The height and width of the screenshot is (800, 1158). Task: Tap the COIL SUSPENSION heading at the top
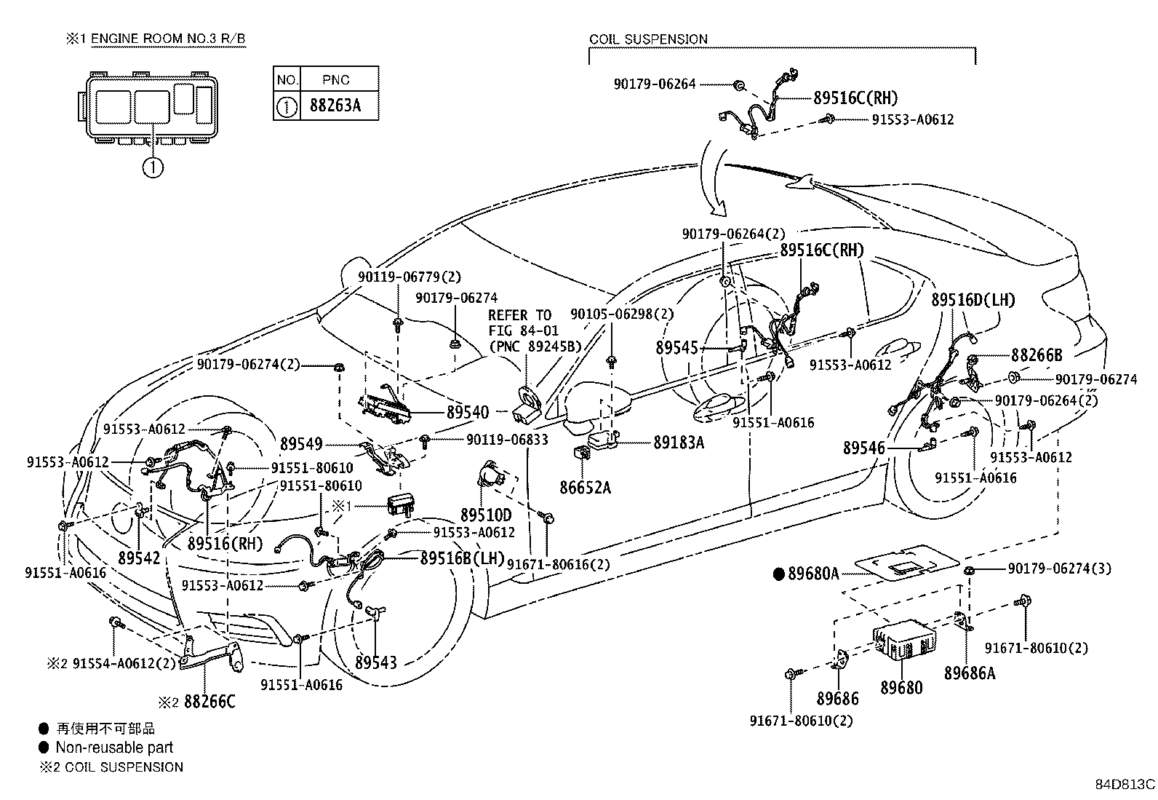[648, 39]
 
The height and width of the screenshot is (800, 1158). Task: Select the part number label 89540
[467, 413]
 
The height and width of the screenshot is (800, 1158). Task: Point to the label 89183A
[678, 443]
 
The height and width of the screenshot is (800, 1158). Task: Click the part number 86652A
[585, 488]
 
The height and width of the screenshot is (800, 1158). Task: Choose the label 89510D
[485, 515]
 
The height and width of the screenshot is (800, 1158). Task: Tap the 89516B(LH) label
[462, 558]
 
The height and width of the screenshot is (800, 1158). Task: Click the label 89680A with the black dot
[806, 574]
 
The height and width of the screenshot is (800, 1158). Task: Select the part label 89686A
[970, 673]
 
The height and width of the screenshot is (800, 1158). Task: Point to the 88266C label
[209, 702]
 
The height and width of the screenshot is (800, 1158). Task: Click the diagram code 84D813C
[1125, 785]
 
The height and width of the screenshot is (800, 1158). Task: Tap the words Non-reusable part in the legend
[114, 747]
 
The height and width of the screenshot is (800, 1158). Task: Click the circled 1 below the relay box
[153, 167]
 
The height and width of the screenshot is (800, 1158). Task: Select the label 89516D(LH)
[973, 300]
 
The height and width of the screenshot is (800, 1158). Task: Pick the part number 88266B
[1036, 355]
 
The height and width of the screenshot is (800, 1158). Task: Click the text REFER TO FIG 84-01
[523, 323]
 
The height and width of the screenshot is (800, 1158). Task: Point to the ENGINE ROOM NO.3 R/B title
[168, 39]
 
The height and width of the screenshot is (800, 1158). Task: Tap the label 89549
[301, 444]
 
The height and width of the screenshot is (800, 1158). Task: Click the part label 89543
[376, 662]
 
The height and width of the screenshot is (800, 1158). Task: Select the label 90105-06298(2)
[622, 314]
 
